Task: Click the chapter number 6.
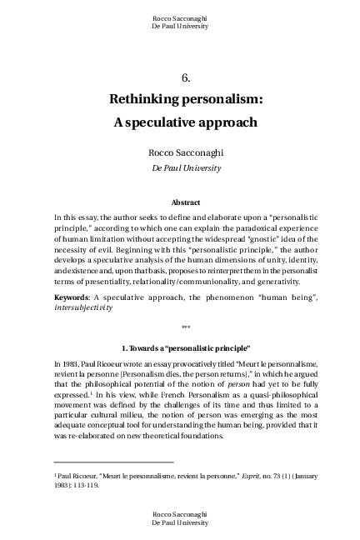click(186, 77)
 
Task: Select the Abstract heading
click(186, 202)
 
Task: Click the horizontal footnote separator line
click(113, 462)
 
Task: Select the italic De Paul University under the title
click(186, 167)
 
